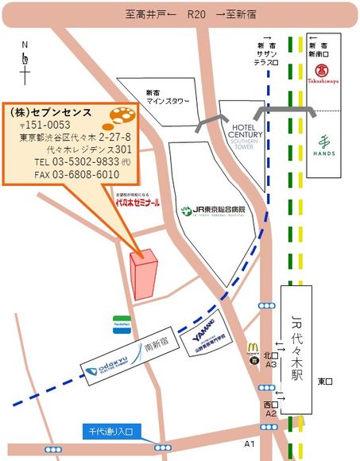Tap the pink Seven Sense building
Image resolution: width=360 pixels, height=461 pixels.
tap(145, 274)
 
